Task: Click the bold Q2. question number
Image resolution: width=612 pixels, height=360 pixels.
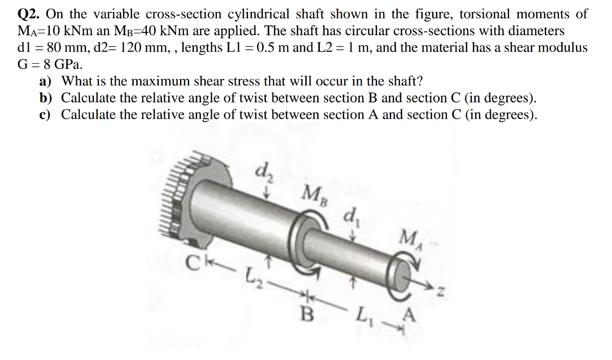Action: [x=28, y=15]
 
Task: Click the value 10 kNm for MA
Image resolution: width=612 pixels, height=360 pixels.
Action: [x=58, y=31]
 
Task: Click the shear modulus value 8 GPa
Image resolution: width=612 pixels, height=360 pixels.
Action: [x=55, y=64]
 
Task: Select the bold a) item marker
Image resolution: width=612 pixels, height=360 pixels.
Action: [x=46, y=81]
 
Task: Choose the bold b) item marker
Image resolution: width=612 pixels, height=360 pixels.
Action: [x=46, y=98]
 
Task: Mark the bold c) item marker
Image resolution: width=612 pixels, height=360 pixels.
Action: [x=46, y=115]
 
